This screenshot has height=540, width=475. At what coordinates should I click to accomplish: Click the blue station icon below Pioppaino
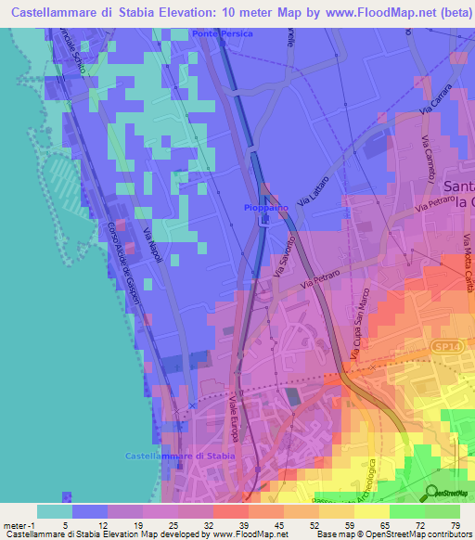tap(265, 221)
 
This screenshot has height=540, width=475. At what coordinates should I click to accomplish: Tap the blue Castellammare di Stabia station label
tap(181, 456)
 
